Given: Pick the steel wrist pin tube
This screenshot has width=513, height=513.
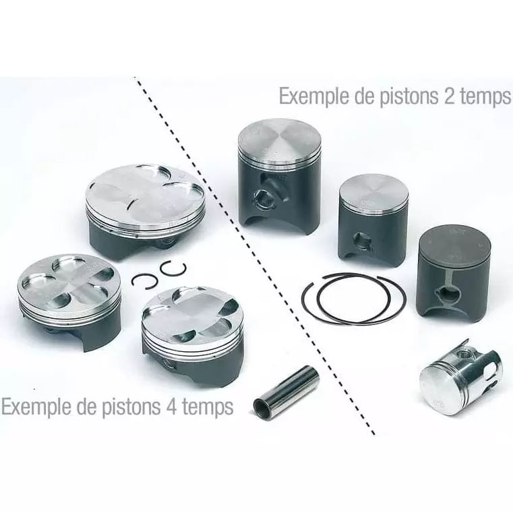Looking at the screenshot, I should point(286,392).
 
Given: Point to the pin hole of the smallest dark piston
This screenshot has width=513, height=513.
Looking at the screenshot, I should point(363,239).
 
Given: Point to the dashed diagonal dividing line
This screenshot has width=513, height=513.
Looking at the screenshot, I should point(256,256).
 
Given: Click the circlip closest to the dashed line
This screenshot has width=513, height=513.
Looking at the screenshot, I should point(173,268).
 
